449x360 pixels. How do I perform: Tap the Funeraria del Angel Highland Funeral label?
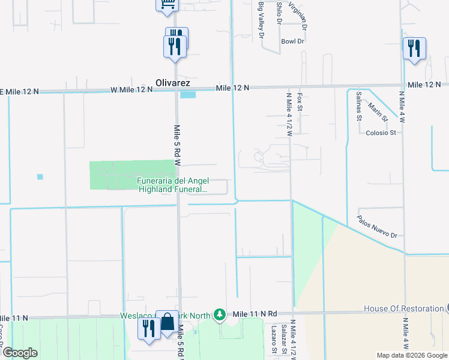pos(172,185)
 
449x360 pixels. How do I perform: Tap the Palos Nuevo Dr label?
pos(377,226)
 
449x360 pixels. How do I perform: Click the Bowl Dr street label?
pos(292,41)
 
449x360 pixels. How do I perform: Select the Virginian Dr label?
pos(298,16)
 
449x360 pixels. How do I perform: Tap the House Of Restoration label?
pos(403,309)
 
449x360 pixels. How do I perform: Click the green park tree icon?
pos(220,314)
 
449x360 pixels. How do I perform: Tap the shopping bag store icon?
pos(167,324)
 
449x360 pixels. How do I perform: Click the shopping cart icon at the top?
pos(167,5)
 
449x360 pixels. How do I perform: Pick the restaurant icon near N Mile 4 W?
pos(414,49)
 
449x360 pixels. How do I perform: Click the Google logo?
pos(20,352)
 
